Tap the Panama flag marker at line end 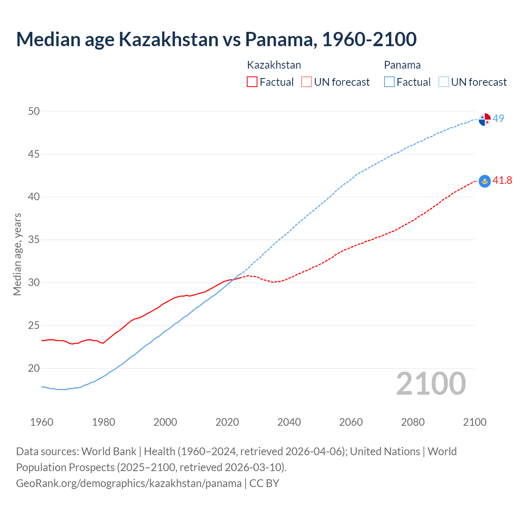coord(485,119)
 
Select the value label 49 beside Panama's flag coord(498,118)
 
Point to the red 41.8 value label coord(502,180)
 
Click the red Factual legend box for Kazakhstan coord(252,82)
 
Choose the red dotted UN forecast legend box coord(306,82)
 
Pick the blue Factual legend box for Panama coord(389,82)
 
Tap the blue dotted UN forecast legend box coord(444,82)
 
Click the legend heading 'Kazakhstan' coord(274,65)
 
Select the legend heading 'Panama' coord(402,65)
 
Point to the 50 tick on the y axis coord(34,111)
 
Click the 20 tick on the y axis coord(34,368)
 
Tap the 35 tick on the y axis coord(34,239)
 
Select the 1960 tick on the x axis coord(42,422)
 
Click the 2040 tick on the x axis coord(289,422)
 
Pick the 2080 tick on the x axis coord(413,422)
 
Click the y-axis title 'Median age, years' coord(17,254)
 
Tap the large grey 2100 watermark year coord(431,383)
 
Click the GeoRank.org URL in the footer coord(129,483)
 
